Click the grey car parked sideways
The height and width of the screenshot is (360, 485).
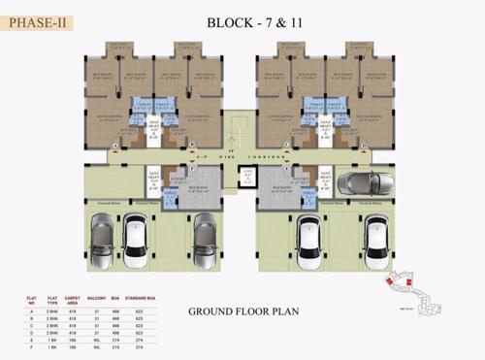click(x=360, y=182)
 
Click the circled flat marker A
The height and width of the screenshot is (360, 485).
click(x=114, y=146)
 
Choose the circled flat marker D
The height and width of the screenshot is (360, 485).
click(x=362, y=146)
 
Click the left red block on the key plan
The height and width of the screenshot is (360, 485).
click(x=391, y=282)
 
